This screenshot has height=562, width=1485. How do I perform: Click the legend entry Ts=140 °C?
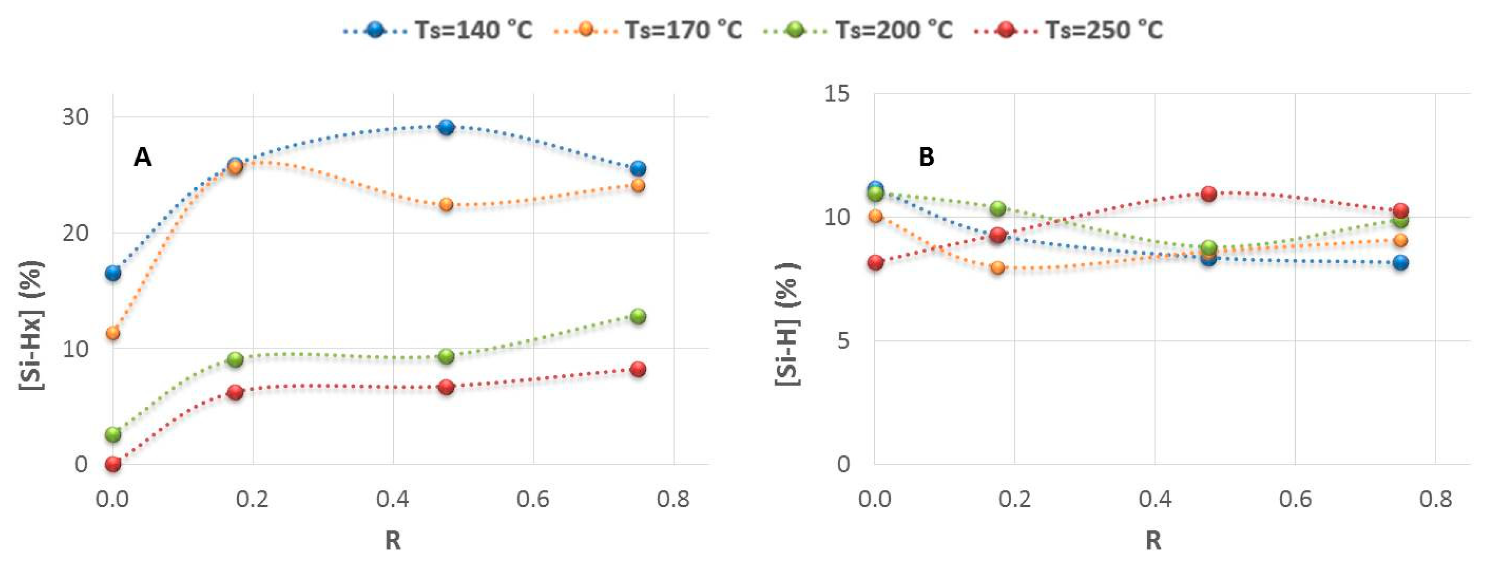pyautogui.click(x=438, y=29)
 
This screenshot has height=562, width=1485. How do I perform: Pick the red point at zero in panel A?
pyautogui.click(x=113, y=464)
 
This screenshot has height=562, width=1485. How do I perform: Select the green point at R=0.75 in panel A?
pyautogui.click(x=638, y=316)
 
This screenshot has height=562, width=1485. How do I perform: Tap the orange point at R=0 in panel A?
pyautogui.click(x=113, y=333)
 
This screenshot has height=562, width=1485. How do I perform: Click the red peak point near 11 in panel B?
pyautogui.click(x=1209, y=193)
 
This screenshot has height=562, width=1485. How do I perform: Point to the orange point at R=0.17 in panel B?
pyautogui.click(x=998, y=268)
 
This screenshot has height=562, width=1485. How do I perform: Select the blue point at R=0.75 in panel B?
pyautogui.click(x=1401, y=262)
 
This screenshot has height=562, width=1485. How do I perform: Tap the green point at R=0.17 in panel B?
pyautogui.click(x=998, y=208)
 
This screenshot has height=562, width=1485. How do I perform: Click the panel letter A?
pyautogui.click(x=143, y=157)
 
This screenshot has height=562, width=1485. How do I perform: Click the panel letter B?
pyautogui.click(x=926, y=157)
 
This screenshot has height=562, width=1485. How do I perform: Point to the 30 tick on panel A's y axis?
pyautogui.click(x=75, y=117)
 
